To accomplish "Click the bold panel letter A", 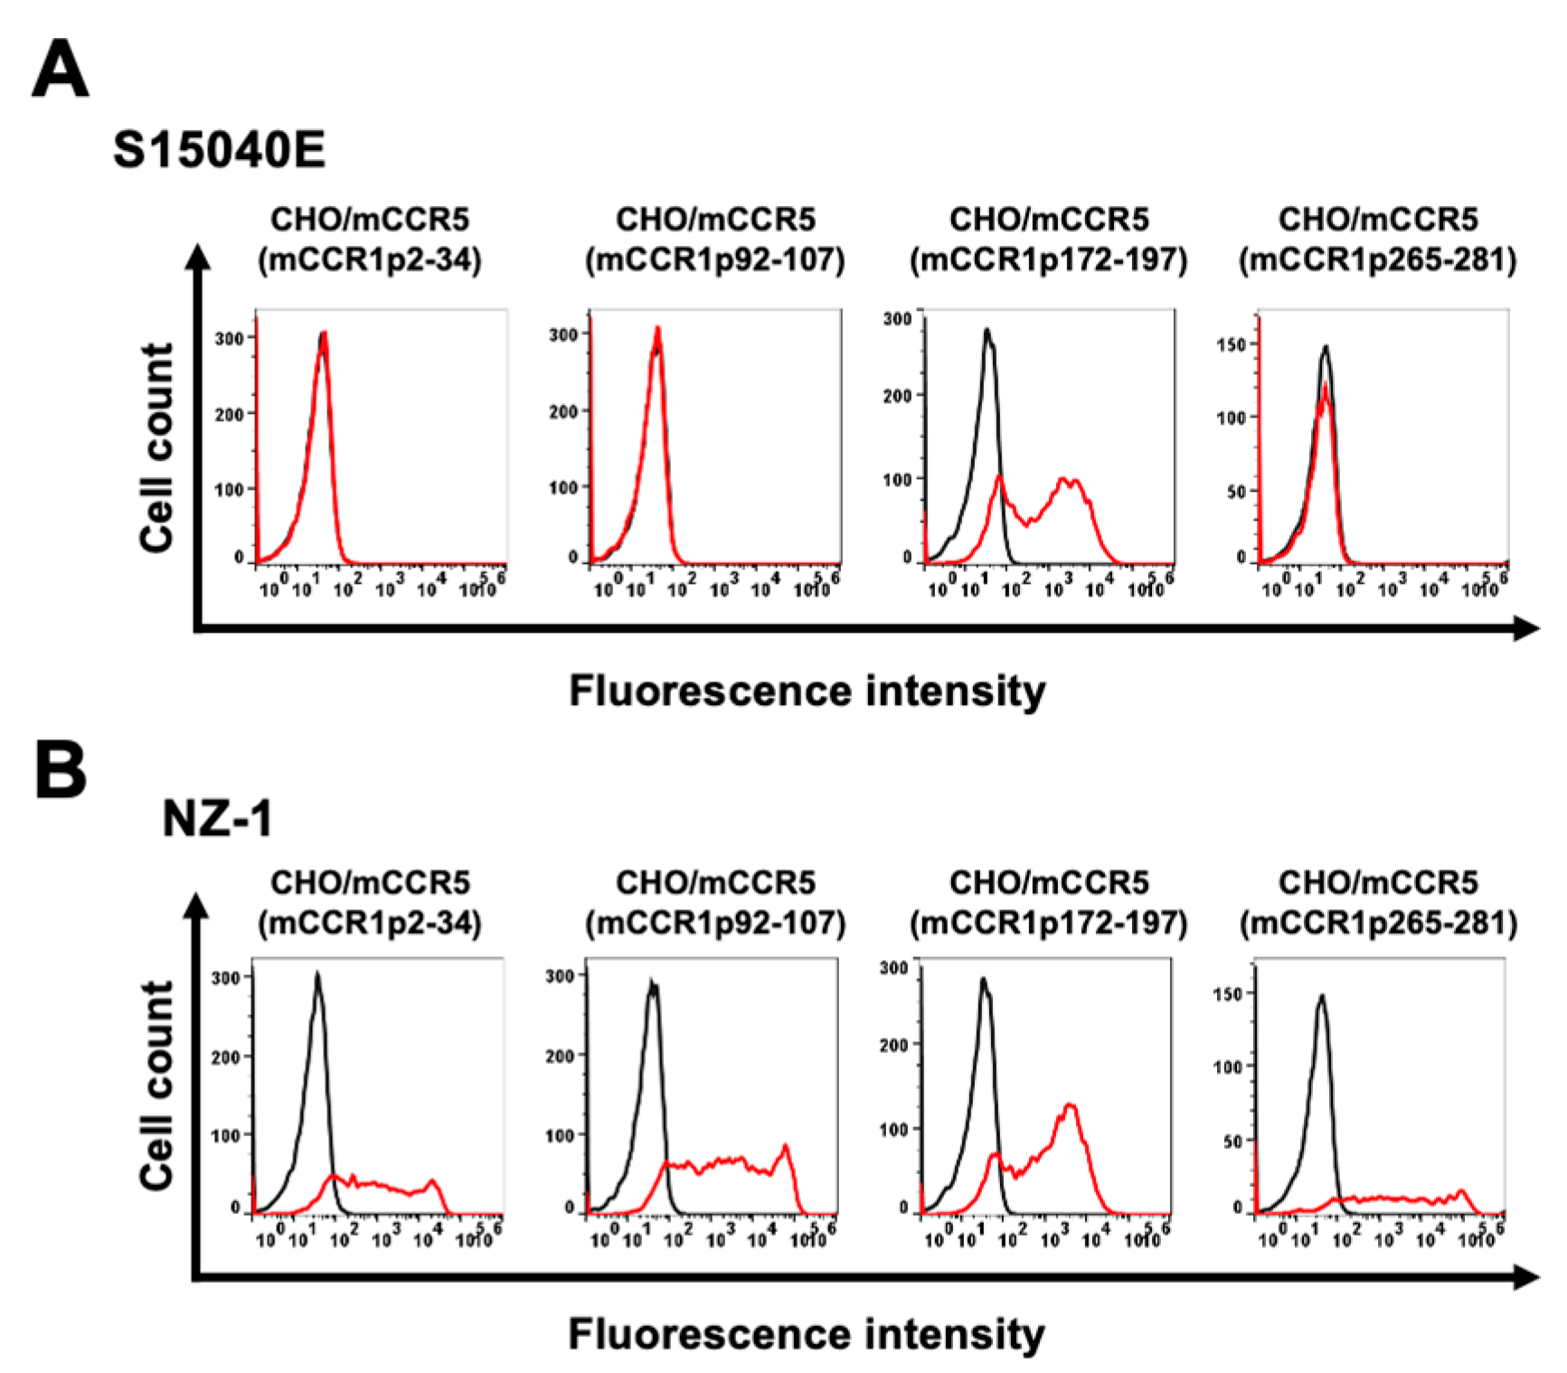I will (60, 70).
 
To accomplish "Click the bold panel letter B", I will (60, 770).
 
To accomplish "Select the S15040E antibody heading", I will (219, 149).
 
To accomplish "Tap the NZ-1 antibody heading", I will (217, 819).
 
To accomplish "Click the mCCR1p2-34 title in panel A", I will (370, 240).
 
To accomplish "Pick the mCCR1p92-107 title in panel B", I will (715, 903).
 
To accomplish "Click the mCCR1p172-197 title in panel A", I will (1049, 240).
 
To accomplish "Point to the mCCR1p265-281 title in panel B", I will (1378, 903).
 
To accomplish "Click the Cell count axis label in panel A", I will (156, 447).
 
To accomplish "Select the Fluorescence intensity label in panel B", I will (807, 1334).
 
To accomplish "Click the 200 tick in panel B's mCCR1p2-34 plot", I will (225, 1057).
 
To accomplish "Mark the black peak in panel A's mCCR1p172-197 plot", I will (987, 331).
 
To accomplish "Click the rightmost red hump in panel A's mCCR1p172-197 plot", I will (1070, 482).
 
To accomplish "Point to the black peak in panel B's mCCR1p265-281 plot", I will (1322, 996).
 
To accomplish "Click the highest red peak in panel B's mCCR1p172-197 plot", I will (1070, 1105).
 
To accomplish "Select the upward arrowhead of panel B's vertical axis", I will (196, 906).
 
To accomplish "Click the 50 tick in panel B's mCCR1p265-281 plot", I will (1234, 1142).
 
